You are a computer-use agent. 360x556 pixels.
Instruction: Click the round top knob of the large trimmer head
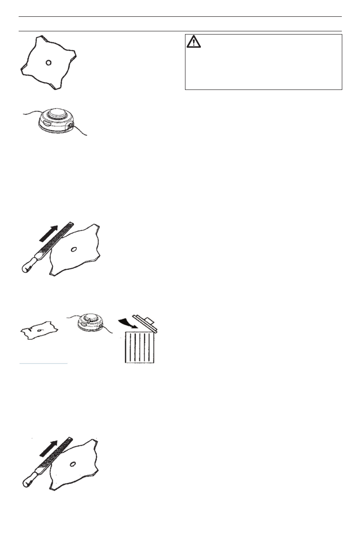pyautogui.click(x=55, y=116)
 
